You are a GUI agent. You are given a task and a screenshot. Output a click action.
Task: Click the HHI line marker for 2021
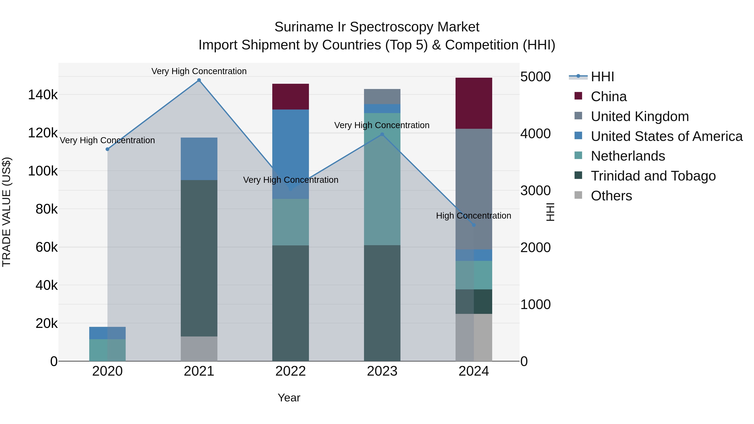click(199, 80)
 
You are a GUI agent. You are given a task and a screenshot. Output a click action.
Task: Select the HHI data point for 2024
click(474, 225)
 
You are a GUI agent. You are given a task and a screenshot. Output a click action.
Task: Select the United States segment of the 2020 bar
click(107, 333)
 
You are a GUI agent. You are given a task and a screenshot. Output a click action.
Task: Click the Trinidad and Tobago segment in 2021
click(199, 258)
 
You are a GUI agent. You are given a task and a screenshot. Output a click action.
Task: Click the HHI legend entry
click(602, 77)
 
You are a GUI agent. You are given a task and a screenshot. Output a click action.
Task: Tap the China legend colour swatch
click(578, 96)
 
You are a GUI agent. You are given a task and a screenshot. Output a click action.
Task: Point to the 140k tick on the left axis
click(43, 95)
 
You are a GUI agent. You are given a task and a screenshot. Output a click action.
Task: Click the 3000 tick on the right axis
click(535, 191)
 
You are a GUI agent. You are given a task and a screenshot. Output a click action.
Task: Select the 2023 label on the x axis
click(382, 371)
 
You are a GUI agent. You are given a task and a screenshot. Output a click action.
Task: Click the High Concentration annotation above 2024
click(473, 216)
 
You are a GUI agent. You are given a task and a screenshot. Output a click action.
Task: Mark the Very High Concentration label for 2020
click(107, 140)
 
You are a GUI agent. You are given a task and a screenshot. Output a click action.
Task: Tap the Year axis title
click(289, 398)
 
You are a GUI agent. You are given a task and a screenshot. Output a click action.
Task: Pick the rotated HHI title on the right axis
click(550, 212)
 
